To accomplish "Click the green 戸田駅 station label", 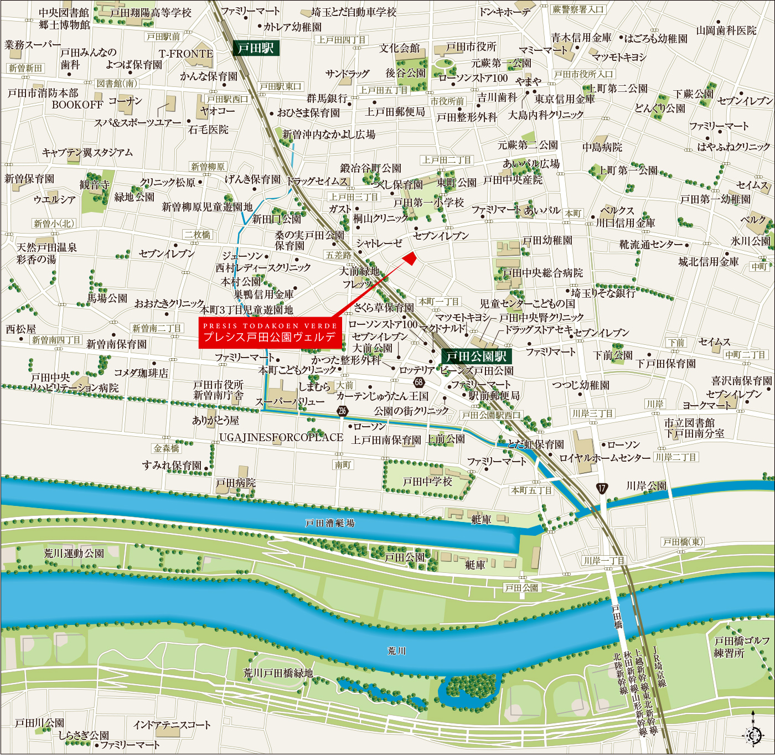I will (x=256, y=48).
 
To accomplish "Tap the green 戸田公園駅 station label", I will (x=476, y=356).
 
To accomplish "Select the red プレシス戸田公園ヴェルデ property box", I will (x=270, y=333).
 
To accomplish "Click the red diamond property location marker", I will (x=410, y=258).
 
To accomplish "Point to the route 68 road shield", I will (x=419, y=382).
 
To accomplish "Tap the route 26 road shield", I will (x=343, y=410).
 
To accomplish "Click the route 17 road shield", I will (x=602, y=488).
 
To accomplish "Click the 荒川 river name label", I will (x=397, y=651).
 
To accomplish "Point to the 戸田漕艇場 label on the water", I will (x=330, y=523).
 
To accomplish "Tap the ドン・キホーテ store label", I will (x=504, y=12).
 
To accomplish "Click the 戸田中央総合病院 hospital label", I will (x=542, y=273).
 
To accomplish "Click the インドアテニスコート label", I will (x=172, y=725).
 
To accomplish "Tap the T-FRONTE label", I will (x=186, y=54).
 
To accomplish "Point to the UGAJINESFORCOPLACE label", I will (x=281, y=437).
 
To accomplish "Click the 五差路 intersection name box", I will (x=338, y=255).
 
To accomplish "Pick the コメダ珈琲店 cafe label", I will (x=141, y=373).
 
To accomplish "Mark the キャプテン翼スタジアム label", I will (x=87, y=152).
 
